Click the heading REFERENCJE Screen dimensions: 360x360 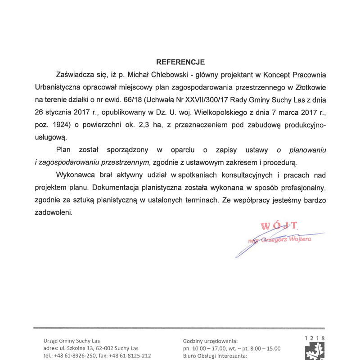pyautogui.click(x=180, y=62)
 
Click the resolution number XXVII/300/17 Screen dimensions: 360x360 pyautogui.click(x=213, y=99)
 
